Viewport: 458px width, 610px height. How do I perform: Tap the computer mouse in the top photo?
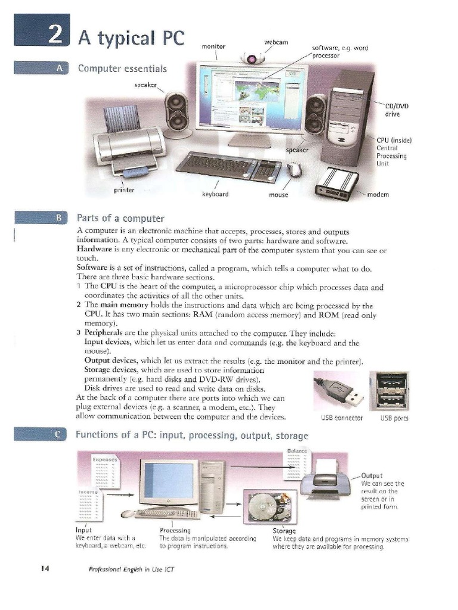tap(294, 170)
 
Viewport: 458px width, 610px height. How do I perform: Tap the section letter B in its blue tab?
tap(58, 217)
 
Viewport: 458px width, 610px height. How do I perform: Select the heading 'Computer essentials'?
tap(122, 69)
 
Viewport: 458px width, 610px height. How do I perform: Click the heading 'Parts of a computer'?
tap(120, 217)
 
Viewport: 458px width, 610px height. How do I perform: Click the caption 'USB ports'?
tap(394, 418)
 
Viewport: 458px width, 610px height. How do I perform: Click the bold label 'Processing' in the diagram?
tap(175, 530)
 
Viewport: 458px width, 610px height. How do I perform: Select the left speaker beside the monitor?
tap(177, 111)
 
